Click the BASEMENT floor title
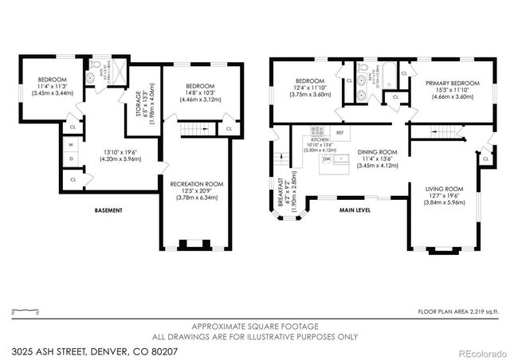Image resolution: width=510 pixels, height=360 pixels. click(x=109, y=210)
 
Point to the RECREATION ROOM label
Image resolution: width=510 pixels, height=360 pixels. click(x=196, y=183)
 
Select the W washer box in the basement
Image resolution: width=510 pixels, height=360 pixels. click(x=72, y=145)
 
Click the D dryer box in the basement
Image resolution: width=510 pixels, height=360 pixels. click(x=72, y=159)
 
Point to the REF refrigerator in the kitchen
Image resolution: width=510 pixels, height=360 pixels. click(x=339, y=132)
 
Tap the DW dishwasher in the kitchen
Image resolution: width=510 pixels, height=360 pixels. click(x=327, y=159)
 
